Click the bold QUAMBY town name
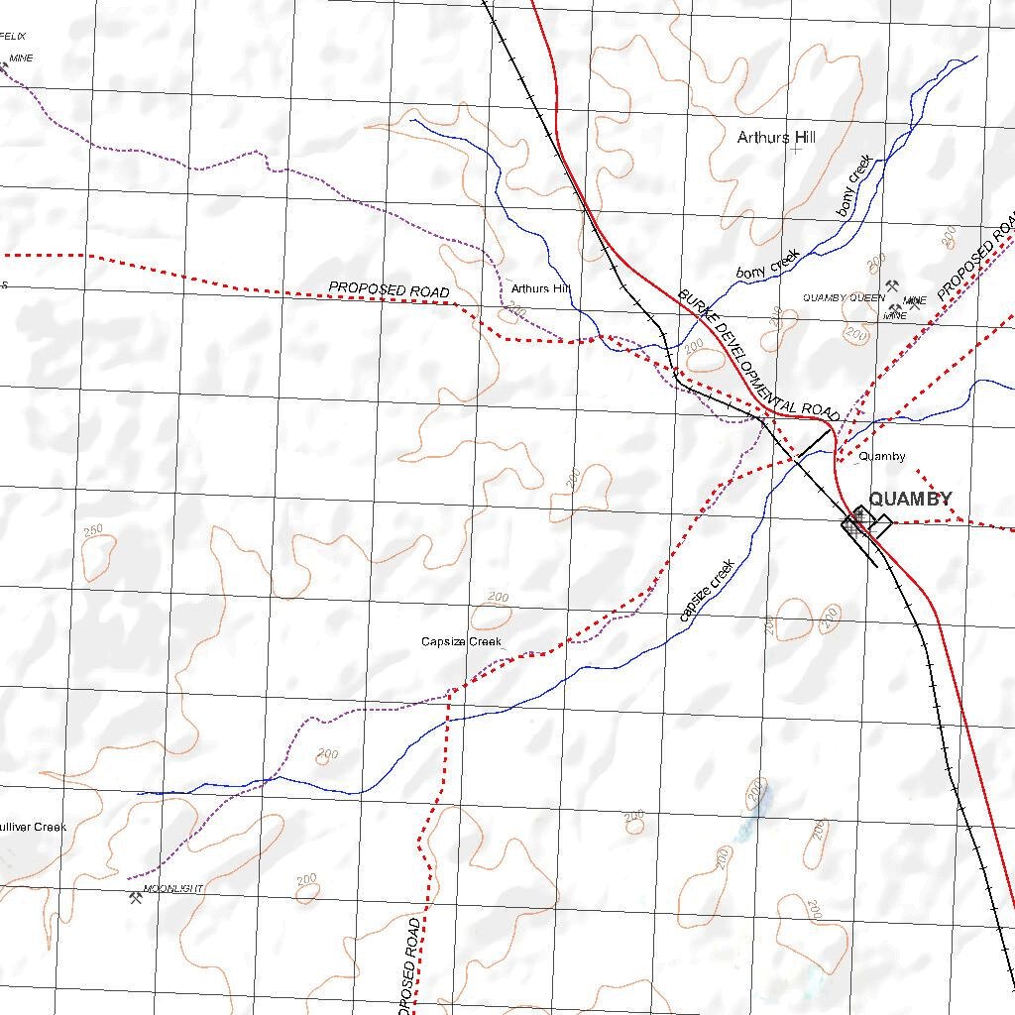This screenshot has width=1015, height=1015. pos(910,499)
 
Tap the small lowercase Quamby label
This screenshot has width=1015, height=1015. pos(881,457)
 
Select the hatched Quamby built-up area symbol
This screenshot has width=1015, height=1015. pos(857,519)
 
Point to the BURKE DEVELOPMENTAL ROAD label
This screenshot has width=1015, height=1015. pos(758,354)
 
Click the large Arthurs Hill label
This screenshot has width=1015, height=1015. pos(776,138)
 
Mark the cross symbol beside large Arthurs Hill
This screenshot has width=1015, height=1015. pos(796,150)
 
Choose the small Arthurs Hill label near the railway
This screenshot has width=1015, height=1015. pos(541,289)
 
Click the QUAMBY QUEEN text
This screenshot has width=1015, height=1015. pos(844,297)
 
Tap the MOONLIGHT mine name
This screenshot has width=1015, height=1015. pos(173,889)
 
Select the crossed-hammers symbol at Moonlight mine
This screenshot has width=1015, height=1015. pos(136,898)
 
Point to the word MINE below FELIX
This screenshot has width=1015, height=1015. pos(21,58)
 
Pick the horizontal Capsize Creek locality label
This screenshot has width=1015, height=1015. pos(461,642)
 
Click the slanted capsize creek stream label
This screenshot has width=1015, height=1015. pos(707,592)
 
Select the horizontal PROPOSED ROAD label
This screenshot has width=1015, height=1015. pos(389,290)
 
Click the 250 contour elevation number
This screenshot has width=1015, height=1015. pos(94,531)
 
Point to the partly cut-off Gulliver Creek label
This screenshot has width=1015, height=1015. pos(33,827)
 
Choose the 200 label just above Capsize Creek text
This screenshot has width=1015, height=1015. pos(498,598)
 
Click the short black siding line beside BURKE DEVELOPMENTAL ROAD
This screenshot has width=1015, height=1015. pos(815,441)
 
